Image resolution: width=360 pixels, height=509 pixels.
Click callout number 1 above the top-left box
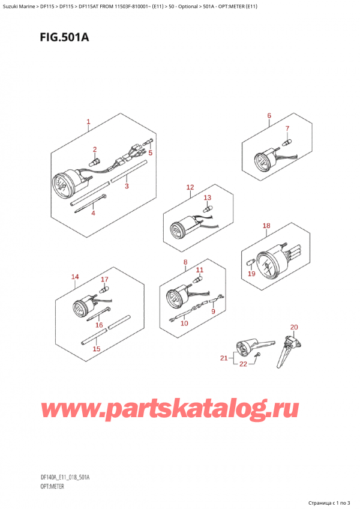point(88,122)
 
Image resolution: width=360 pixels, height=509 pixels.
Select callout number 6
point(269,116)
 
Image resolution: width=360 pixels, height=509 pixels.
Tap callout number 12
point(190,187)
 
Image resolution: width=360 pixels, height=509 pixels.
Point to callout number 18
point(266,226)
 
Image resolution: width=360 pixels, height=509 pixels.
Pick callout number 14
point(74,277)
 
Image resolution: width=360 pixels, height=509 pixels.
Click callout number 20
point(293,327)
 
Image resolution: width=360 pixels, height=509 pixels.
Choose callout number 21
point(224,358)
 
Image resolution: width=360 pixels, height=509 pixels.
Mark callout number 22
point(244,364)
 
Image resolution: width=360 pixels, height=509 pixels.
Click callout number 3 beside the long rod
point(127,187)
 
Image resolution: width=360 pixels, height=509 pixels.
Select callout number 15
point(96,349)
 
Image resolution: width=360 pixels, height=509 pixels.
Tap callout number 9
point(212,311)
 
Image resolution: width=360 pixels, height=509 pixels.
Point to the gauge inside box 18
point(267,265)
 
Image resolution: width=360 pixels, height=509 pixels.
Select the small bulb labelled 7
point(287,142)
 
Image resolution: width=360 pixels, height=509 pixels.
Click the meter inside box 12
point(178,229)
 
